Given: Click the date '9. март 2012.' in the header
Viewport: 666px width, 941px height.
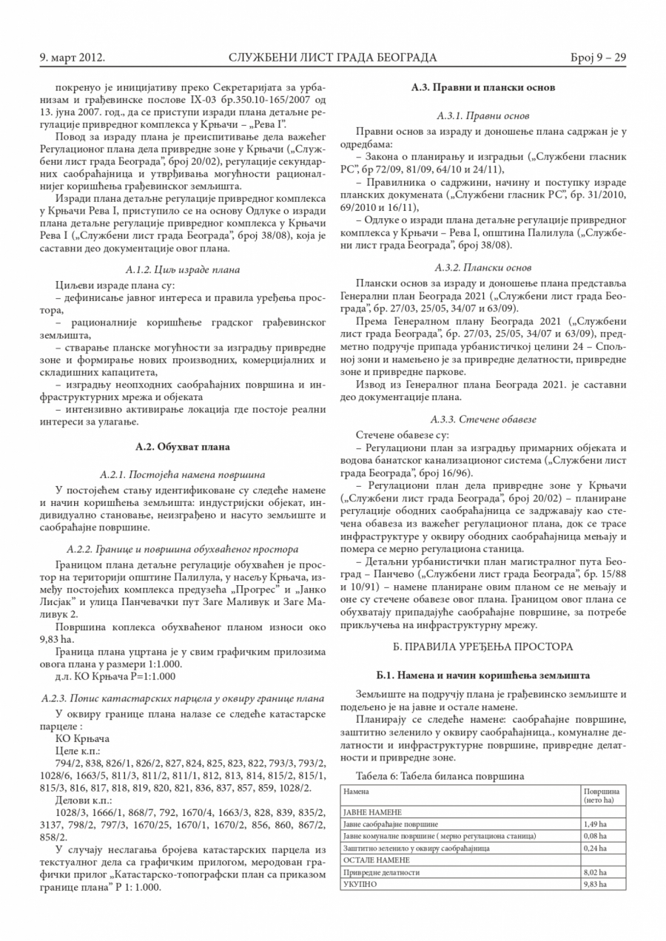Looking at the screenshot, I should [72, 57].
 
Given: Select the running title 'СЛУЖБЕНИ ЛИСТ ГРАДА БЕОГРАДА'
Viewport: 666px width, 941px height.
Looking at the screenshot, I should [333, 57].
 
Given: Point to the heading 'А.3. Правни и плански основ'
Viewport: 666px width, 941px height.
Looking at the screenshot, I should [483, 87].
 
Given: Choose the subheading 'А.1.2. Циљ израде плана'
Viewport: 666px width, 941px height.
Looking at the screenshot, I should [183, 269].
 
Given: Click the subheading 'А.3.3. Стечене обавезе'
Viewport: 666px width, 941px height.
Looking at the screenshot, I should [483, 419].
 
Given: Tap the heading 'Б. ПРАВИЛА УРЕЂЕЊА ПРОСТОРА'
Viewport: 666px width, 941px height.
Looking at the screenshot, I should [483, 646].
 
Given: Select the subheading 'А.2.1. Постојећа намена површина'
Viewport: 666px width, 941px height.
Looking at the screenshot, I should [183, 473].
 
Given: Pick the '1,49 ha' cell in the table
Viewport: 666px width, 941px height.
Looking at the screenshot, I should [594, 823].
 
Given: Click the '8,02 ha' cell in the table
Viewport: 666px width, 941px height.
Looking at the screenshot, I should [594, 872].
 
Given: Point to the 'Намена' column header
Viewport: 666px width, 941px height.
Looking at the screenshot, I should [356, 791].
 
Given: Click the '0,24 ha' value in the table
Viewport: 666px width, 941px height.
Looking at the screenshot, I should [594, 848].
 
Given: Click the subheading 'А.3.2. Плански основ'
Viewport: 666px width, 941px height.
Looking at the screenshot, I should [483, 267].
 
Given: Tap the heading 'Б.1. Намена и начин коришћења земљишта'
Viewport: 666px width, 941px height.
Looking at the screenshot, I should [483, 676].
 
